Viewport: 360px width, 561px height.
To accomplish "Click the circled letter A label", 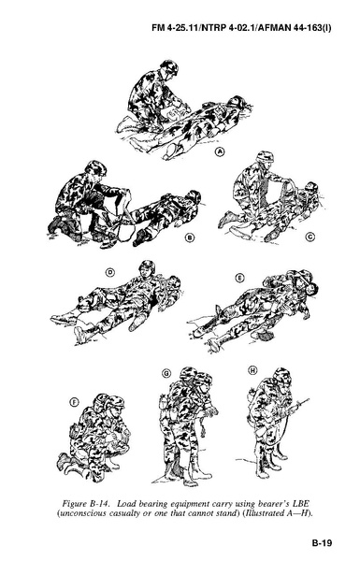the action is tap(221, 152).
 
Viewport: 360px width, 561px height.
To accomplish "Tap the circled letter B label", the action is tap(190, 237).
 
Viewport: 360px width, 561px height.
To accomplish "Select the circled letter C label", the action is tap(310, 237).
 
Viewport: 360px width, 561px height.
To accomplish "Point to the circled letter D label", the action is tap(109, 273).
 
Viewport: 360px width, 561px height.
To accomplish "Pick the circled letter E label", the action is tap(239, 278).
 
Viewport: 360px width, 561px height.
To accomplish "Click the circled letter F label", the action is tap(74, 403).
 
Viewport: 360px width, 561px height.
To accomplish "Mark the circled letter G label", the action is tap(166, 373).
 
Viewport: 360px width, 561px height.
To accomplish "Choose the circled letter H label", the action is tap(252, 370).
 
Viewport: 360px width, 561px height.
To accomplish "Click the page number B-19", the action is tap(322, 542).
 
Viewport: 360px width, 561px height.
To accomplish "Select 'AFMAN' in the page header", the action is tap(266, 28).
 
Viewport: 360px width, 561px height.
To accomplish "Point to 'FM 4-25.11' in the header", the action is tap(176, 28).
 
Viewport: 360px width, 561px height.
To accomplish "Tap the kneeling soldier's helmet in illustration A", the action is tap(169, 67).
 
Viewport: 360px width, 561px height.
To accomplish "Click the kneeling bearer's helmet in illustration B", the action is tap(96, 167).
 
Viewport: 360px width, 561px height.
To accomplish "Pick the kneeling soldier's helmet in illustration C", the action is tap(265, 157).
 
